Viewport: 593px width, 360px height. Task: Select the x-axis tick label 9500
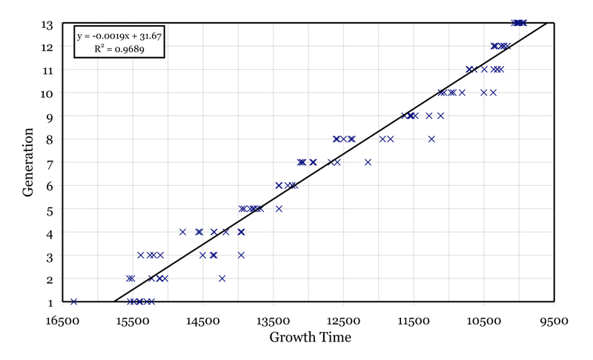(x=554, y=323)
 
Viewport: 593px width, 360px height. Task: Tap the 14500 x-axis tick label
(x=203, y=323)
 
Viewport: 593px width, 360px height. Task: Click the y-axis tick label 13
(x=45, y=24)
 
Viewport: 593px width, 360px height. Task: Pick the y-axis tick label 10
(x=45, y=93)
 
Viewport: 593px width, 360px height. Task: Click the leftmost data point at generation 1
(x=73, y=301)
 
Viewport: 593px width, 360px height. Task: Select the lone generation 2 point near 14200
(x=222, y=279)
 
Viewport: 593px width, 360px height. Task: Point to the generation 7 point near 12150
(x=368, y=162)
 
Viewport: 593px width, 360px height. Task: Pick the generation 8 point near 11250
(x=431, y=139)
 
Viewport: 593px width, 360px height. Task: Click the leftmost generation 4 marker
(x=182, y=232)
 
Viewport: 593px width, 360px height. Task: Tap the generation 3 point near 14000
(x=241, y=255)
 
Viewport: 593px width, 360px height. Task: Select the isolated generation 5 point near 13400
(x=279, y=209)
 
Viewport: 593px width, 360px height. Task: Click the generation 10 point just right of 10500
(x=493, y=93)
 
